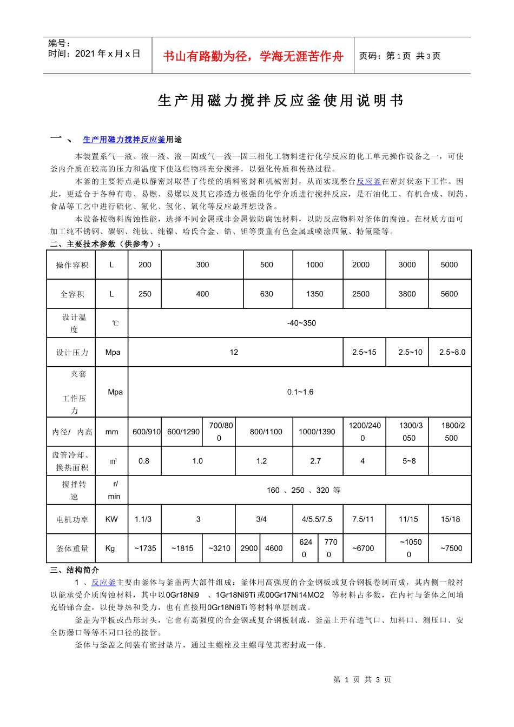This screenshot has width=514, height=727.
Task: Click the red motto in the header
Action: pyautogui.click(x=253, y=56)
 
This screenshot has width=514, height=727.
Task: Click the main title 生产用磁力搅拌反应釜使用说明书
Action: pyautogui.click(x=280, y=101)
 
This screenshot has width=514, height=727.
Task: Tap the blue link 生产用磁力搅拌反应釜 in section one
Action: pyautogui.click(x=124, y=140)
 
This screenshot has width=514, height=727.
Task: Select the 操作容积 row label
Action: pyautogui.click(x=72, y=265)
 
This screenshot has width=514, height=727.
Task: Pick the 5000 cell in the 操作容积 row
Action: pyautogui.click(x=449, y=265)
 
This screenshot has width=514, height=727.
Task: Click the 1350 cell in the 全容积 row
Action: pyautogui.click(x=314, y=294)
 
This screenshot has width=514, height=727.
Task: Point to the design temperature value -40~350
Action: pyautogui.click(x=301, y=323)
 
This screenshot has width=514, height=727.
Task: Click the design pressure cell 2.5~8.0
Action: pyautogui.click(x=452, y=352)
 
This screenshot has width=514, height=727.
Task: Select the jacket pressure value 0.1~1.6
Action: pyautogui.click(x=300, y=392)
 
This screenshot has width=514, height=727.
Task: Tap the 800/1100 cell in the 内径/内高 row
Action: pyautogui.click(x=266, y=432)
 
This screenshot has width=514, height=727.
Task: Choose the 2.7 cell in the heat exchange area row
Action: pyautogui.click(x=315, y=461)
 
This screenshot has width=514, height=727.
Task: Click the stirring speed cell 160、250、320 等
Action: pyautogui.click(x=304, y=490)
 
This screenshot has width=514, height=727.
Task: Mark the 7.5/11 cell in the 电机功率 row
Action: pyautogui.click(x=363, y=519)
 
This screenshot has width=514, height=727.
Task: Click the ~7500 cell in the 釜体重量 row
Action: pyautogui.click(x=451, y=548)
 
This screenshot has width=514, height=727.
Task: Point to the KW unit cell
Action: pyautogui.click(x=111, y=519)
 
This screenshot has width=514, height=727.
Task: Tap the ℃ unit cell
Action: pyautogui.click(x=115, y=323)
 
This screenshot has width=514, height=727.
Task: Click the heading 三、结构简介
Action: pyautogui.click(x=75, y=570)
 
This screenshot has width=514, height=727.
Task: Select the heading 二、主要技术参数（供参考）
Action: pyautogui.click(x=106, y=244)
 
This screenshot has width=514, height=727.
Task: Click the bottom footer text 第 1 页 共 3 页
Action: pyautogui.click(x=362, y=679)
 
